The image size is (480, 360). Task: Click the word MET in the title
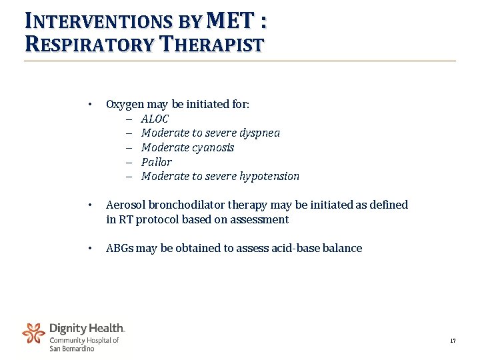[x=231, y=21]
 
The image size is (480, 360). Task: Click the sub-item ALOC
[x=155, y=119]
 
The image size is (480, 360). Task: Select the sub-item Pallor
[x=156, y=162]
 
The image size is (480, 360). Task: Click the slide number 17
[x=453, y=341]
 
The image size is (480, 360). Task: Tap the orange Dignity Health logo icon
[x=33, y=333]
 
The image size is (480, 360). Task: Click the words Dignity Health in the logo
[x=87, y=328]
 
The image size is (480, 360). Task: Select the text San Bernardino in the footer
[x=72, y=349]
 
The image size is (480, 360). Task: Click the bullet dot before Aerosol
[x=89, y=205]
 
